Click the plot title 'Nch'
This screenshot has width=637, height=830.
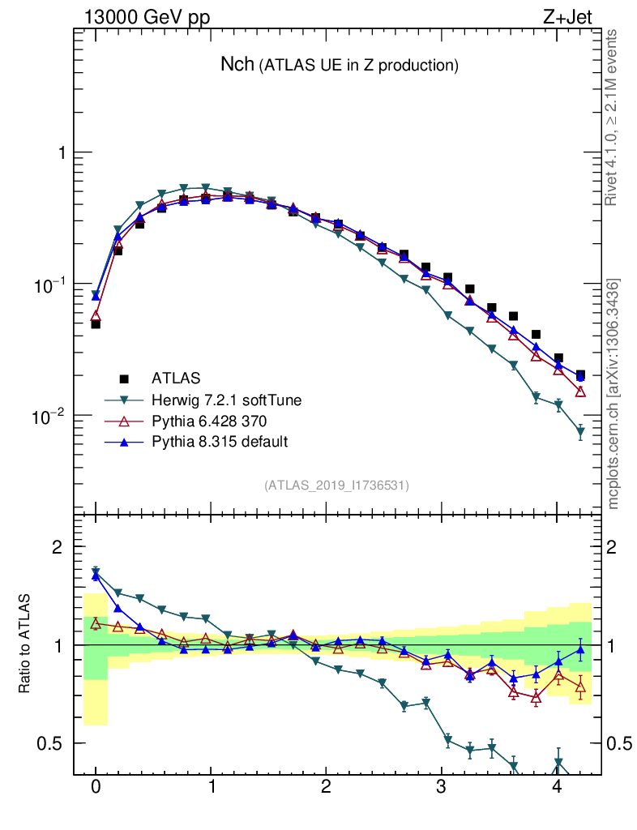(x=237, y=65)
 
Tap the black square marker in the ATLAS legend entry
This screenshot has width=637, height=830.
(x=124, y=378)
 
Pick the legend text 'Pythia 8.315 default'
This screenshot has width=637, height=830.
(x=219, y=442)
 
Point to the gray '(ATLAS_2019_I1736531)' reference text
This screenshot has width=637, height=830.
(x=336, y=486)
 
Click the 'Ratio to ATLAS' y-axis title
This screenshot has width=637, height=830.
(x=25, y=644)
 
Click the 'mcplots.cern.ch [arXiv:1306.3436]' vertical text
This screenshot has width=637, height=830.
(x=613, y=394)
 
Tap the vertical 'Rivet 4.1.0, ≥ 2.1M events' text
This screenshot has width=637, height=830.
(x=613, y=118)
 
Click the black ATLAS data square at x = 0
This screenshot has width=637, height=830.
(x=96, y=324)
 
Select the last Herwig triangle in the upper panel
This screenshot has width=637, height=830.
(x=580, y=433)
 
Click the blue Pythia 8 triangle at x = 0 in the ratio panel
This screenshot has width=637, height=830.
(x=96, y=575)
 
